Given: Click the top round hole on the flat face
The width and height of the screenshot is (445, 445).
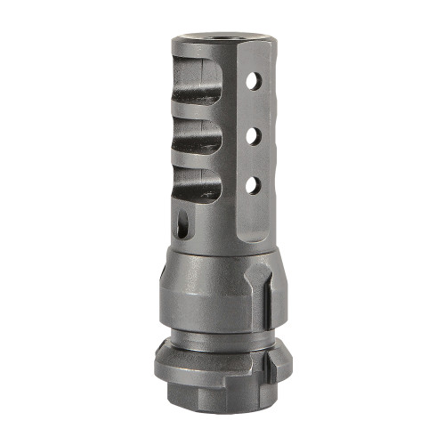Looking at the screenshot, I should [254, 82].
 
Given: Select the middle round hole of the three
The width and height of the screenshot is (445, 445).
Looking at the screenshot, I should [253, 134].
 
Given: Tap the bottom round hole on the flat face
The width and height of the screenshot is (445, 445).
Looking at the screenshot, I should [252, 185].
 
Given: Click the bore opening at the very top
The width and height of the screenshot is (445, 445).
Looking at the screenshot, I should [221, 36].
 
